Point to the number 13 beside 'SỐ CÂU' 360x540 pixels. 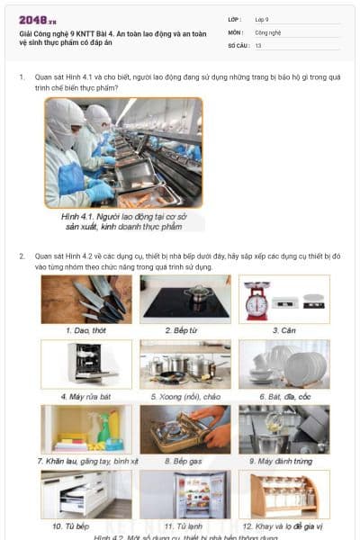(x=259, y=45)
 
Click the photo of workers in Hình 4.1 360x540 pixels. (x=123, y=152)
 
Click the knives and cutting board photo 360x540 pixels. (x=86, y=299)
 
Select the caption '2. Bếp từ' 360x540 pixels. (x=184, y=330)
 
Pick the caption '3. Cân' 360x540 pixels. (x=283, y=330)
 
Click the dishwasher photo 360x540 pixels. (x=86, y=364)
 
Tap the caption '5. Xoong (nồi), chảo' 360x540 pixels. (x=184, y=396)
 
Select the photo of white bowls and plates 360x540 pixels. (x=283, y=364)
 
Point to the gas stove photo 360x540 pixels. (x=184, y=429)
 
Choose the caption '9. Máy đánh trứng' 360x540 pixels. (x=283, y=461)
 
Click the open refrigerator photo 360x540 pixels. (x=184, y=494)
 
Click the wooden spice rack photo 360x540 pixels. (x=283, y=494)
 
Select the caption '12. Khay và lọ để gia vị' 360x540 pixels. (x=283, y=526)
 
